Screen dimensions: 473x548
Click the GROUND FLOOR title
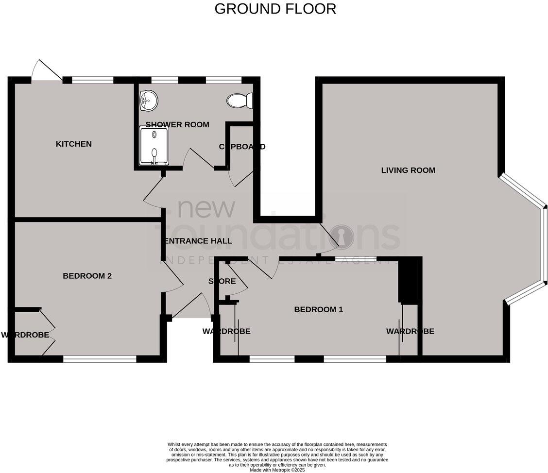click(x=275, y=9)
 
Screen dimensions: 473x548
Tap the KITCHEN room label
click(x=74, y=144)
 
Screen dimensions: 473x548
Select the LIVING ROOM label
click(x=408, y=170)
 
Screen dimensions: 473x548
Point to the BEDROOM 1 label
click(x=319, y=309)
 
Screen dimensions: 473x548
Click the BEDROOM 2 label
click(x=87, y=276)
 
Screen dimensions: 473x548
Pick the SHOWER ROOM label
click(x=177, y=125)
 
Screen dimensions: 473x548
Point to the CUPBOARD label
click(x=242, y=147)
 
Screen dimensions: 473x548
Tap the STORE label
click(x=222, y=282)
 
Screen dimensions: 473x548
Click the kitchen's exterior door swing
click(x=46, y=71)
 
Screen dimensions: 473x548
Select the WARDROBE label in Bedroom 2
click(x=25, y=335)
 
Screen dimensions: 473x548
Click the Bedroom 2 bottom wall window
click(x=100, y=359)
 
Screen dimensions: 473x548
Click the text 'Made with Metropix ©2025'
click(x=277, y=470)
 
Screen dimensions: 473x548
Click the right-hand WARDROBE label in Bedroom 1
click(x=410, y=332)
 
